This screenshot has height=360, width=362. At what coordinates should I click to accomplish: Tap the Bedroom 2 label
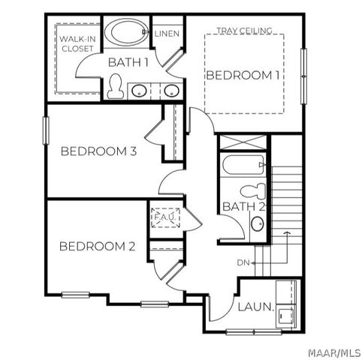98,246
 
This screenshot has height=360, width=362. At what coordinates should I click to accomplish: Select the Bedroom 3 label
98,151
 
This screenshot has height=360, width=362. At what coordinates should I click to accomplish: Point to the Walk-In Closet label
77,43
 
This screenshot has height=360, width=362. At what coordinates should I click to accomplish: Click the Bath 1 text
127,62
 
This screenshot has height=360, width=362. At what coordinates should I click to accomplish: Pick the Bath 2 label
243,207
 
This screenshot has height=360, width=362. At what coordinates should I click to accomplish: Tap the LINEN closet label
166,34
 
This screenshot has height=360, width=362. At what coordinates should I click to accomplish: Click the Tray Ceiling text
244,31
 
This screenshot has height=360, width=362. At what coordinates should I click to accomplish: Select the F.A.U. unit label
164,217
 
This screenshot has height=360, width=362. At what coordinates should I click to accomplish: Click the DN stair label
243,262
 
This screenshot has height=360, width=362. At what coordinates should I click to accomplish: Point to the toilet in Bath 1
116,88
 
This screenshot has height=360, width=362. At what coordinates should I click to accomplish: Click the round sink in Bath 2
257,223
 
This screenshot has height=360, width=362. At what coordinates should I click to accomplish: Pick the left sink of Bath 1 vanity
140,91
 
